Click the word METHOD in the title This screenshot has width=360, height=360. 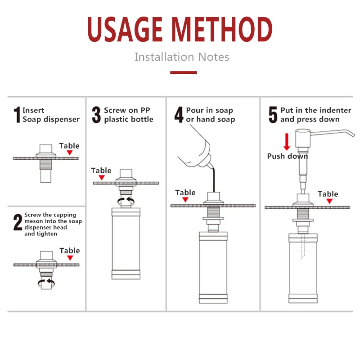pyautogui.click(x=222, y=29)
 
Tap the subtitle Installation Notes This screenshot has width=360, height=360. pyautogui.click(x=182, y=57)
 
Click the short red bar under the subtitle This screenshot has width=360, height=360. pyautogui.click(x=184, y=72)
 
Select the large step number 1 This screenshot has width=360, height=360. pyautogui.click(x=17, y=115)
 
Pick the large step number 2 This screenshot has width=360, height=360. pyautogui.click(x=18, y=222)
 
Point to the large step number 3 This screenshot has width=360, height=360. pyautogui.click(x=96, y=115)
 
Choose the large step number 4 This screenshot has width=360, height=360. pyautogui.click(x=179, y=115)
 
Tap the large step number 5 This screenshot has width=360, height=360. pyautogui.click(x=273, y=115)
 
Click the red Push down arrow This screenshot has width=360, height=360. pyautogui.click(x=287, y=142)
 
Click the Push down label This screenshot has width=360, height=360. pyautogui.click(x=288, y=156)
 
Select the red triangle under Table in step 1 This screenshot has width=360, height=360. pyautogui.click(x=70, y=153)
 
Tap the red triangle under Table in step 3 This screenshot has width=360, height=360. pyautogui.click(x=102, y=177)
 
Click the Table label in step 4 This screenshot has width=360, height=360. pyautogui.click(x=185, y=193)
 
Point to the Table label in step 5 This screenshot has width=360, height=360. pyautogui.click(x=328, y=194)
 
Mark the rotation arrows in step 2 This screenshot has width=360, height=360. pyautogui.click(x=46, y=283)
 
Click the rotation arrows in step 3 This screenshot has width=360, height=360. pyautogui.click(x=126, y=201)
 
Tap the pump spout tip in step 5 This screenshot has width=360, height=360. pyautogui.click(x=353, y=135)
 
